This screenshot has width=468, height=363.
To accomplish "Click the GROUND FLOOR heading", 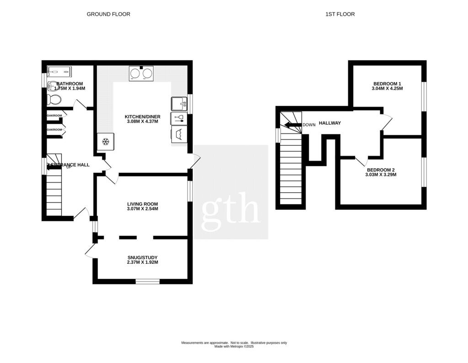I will [x=108, y=14].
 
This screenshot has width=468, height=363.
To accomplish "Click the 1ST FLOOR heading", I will [x=340, y=14].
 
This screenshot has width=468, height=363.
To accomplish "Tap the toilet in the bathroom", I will [x=53, y=99].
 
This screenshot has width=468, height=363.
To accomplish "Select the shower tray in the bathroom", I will [x=59, y=71].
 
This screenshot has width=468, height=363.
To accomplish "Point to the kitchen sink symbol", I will [x=179, y=104].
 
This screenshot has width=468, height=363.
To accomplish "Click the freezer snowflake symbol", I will [x=106, y=142].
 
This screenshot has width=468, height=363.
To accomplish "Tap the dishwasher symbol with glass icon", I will [x=179, y=119].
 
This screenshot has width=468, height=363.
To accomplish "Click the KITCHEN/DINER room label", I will [x=143, y=117].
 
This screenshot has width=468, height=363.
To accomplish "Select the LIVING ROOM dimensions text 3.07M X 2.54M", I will [x=143, y=209].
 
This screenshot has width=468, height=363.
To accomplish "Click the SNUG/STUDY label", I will [x=143, y=258].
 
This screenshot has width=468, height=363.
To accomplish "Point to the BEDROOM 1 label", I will [x=387, y=84].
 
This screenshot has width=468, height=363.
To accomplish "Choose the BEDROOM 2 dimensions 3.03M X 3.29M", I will [x=380, y=175].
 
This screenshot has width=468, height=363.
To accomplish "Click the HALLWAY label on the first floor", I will [x=330, y=123].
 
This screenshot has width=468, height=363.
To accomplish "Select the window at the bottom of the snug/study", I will [x=148, y=281].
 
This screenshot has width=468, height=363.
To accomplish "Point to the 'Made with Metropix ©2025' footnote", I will [x=234, y=347].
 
